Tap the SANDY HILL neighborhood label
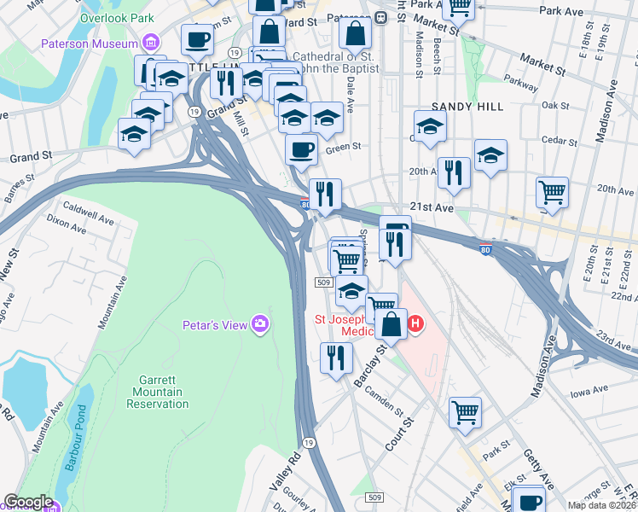coord(467,106)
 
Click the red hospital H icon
coord(415,323)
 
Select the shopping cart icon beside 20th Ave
coord(553,192)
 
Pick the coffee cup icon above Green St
coord(301,149)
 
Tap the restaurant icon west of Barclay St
coord(336,356)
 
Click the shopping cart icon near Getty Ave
coord(465,412)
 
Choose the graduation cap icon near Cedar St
coord(490,154)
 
